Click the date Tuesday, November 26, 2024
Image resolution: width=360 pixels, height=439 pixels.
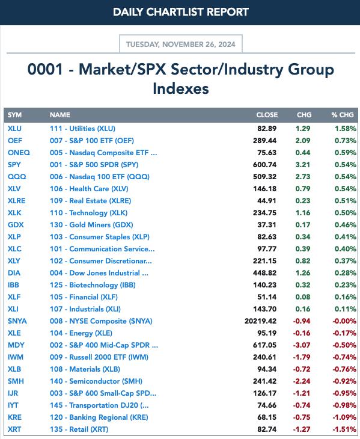[x=181, y=45]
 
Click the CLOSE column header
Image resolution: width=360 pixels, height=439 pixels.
[x=267, y=115]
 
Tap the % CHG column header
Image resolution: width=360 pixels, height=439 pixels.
[x=343, y=115]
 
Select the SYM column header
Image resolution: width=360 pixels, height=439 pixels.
[x=14, y=115]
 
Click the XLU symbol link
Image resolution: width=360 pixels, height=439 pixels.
[x=14, y=129]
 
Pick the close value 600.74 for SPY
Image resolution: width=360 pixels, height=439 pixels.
[x=264, y=165]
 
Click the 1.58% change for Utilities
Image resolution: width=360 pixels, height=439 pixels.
[x=346, y=129]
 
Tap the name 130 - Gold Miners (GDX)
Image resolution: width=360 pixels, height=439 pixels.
[x=91, y=225]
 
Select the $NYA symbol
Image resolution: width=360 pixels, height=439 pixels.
[x=17, y=321]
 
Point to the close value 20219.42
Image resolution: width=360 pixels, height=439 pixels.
[x=260, y=321]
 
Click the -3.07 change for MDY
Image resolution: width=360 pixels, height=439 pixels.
[x=302, y=345]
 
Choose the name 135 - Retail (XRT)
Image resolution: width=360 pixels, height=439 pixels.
[x=79, y=429]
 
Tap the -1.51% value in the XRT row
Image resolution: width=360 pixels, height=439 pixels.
[x=344, y=429]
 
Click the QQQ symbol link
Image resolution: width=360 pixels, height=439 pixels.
[x=17, y=177]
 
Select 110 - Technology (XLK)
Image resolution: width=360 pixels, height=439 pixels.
[x=89, y=213]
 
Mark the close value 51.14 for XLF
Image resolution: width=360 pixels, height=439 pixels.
[x=267, y=297]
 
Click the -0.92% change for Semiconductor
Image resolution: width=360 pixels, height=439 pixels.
[x=344, y=381]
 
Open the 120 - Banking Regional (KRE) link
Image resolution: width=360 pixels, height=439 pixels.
[x=99, y=417]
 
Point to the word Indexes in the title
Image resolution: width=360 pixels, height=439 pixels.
[x=181, y=88]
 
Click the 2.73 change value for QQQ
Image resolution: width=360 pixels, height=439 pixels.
[x=303, y=177]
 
